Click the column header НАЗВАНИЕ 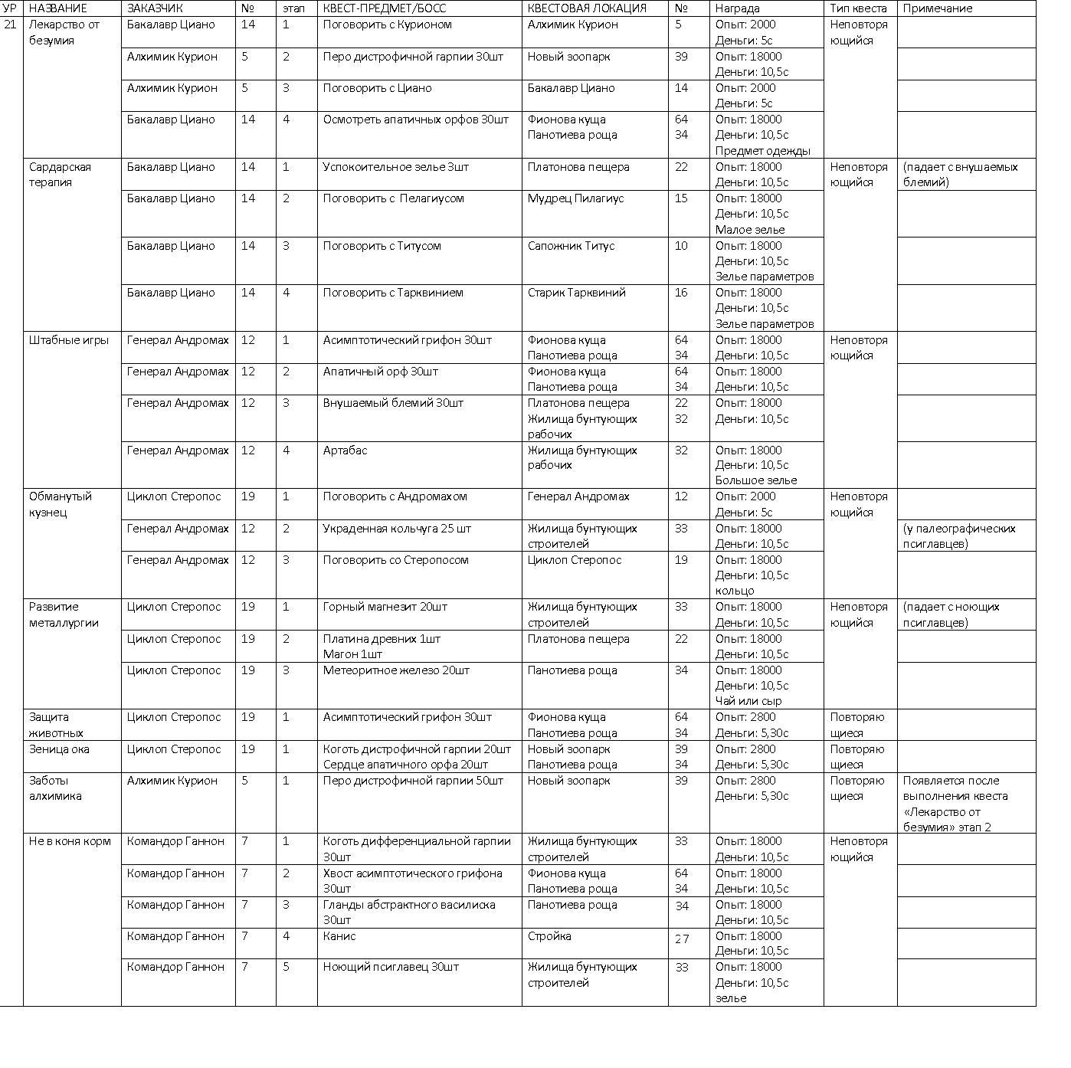[58, 8]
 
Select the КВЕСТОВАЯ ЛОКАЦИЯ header [586, 8]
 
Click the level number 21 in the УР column [10, 25]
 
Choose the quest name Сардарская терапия [60, 175]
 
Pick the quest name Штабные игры [69, 340]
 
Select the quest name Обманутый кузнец [61, 504]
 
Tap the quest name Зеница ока [59, 749]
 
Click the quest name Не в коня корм [70, 841]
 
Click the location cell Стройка [549, 936]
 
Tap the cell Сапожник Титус [571, 246]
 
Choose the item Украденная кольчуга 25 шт [397, 529]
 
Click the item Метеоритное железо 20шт [396, 670]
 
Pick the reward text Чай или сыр [748, 701]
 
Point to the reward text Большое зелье [756, 480]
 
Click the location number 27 [682, 938]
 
